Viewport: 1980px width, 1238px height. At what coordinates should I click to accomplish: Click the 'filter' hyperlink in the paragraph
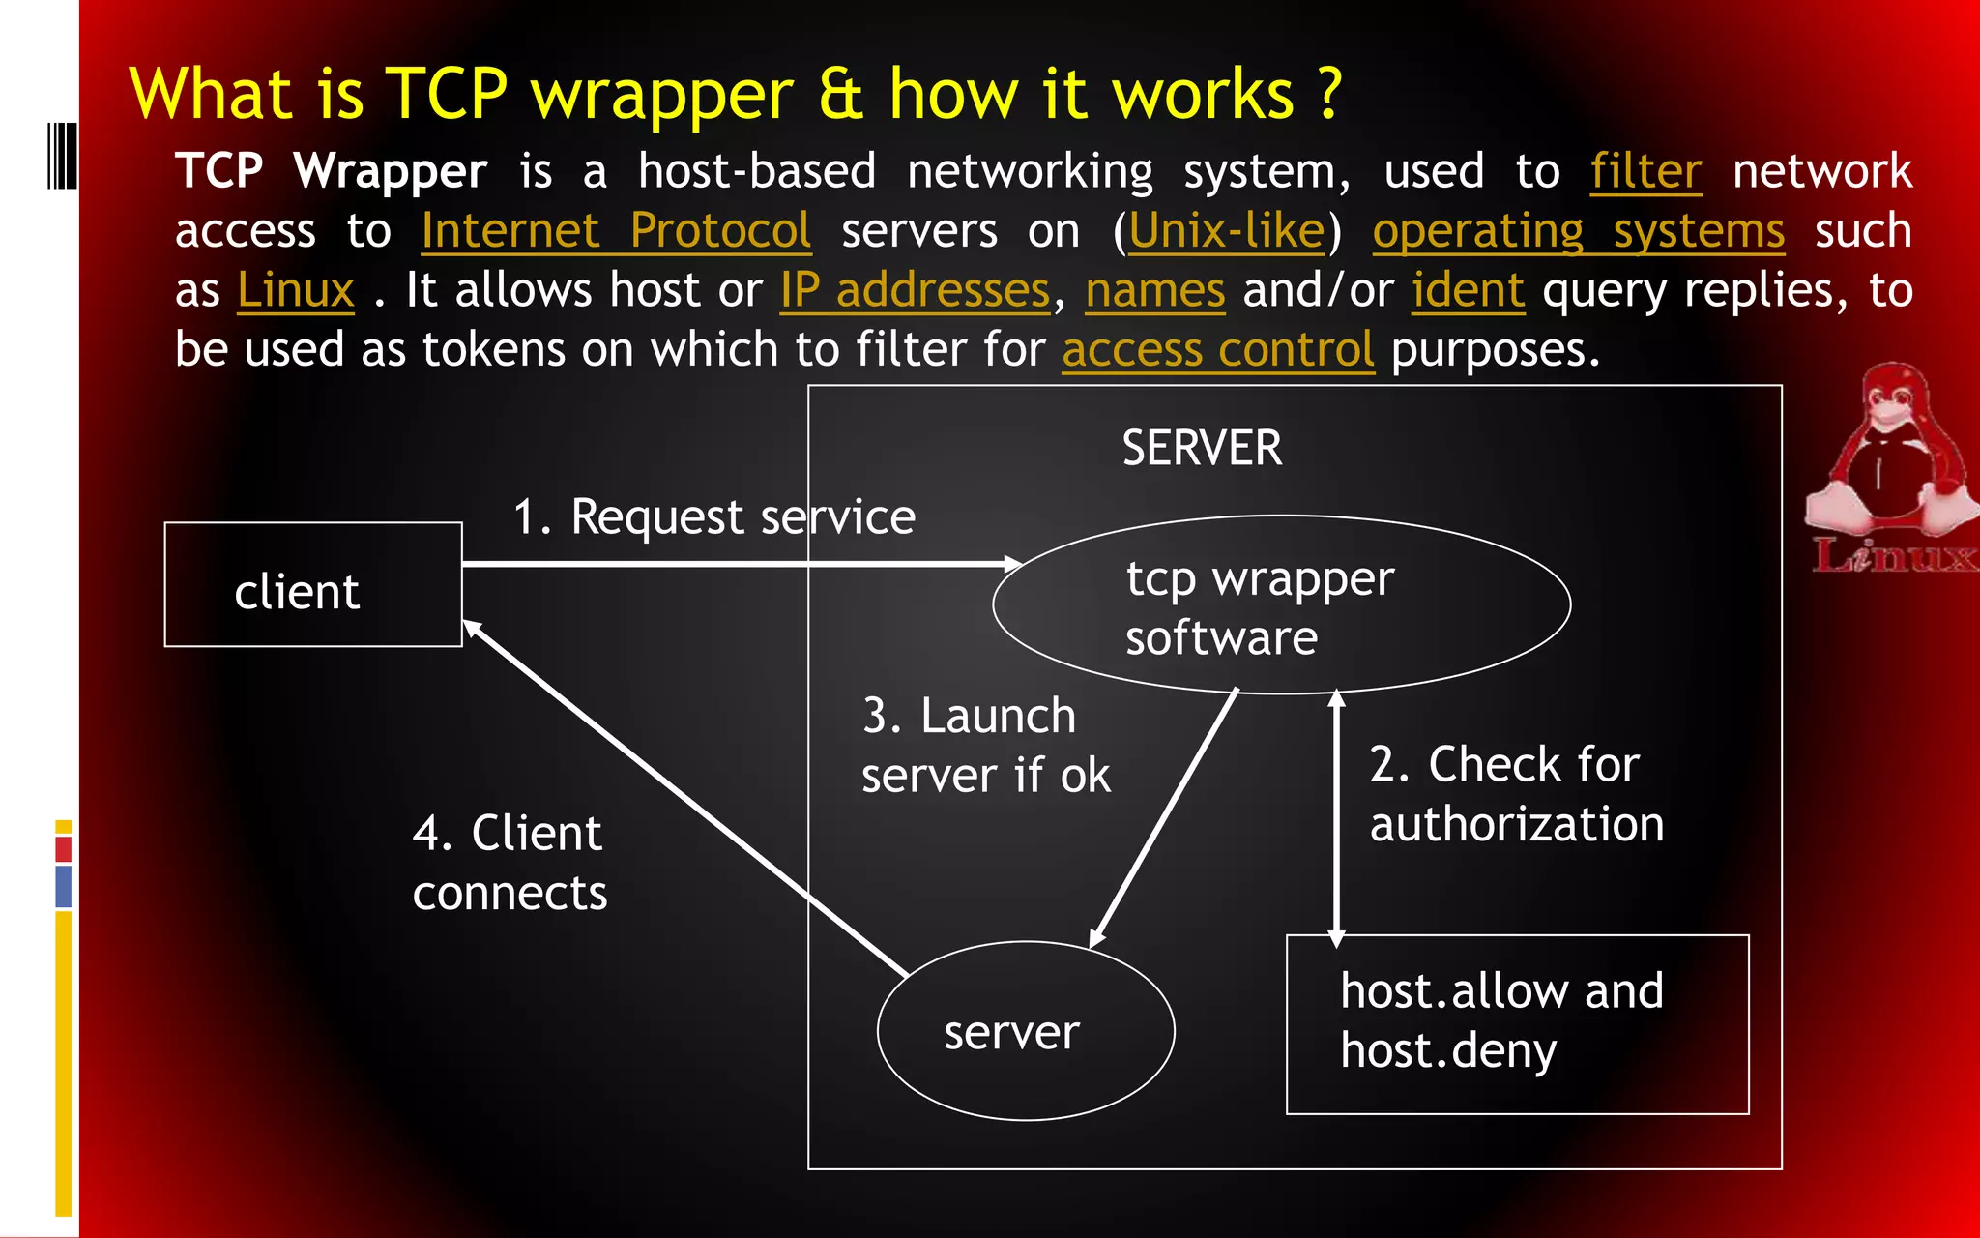click(1645, 172)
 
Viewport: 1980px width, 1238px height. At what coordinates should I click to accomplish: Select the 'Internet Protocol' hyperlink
click(616, 231)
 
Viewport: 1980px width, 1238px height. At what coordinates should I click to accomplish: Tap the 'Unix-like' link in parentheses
click(1226, 231)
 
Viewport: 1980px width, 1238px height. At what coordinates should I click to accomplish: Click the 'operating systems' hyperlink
click(1578, 231)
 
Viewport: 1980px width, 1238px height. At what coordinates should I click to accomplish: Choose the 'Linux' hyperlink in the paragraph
click(296, 290)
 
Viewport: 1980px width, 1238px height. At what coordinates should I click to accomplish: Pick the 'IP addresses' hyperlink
click(915, 290)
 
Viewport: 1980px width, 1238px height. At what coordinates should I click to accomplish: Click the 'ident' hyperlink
click(1468, 290)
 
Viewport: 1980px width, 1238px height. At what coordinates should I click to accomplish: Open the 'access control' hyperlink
click(1217, 349)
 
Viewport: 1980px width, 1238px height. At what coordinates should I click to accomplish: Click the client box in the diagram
click(312, 584)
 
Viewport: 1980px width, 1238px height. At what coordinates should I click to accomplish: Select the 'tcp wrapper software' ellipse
click(1280, 605)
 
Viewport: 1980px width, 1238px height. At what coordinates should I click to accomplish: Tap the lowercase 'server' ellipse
click(1025, 1031)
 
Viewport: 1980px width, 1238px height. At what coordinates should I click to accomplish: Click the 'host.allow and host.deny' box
click(1516, 1023)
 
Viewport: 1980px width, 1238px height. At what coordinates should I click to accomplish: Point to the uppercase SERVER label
click(1202, 449)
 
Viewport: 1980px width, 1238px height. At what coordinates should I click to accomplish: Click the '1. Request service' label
click(713, 517)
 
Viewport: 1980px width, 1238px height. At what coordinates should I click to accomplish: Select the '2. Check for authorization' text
click(1516, 794)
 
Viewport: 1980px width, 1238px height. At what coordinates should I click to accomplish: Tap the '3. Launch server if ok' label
click(984, 746)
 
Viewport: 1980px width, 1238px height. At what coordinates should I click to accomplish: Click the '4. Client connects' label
click(509, 863)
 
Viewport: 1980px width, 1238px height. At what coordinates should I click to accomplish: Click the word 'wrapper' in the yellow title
click(662, 95)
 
